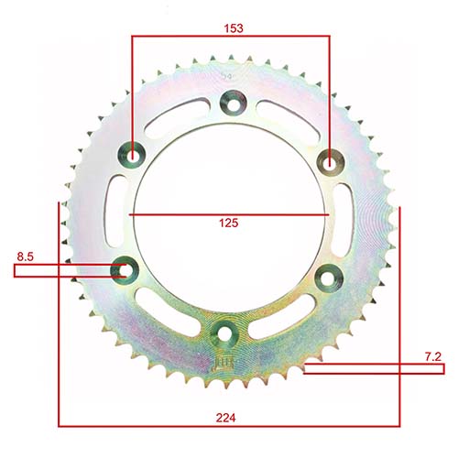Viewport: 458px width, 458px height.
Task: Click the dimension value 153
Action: tap(234, 28)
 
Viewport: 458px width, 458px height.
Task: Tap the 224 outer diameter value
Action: tap(227, 417)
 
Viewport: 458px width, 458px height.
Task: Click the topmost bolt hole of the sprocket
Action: tap(230, 104)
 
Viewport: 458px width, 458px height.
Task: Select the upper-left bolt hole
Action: tap(135, 156)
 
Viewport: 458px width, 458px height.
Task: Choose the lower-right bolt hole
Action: tap(325, 275)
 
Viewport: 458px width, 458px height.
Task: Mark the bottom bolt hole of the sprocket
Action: tap(223, 332)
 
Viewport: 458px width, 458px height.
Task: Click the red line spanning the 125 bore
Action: tap(229, 214)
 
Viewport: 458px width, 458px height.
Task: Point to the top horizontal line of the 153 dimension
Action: tap(230, 38)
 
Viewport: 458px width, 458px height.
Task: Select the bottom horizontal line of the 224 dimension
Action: tap(229, 426)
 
